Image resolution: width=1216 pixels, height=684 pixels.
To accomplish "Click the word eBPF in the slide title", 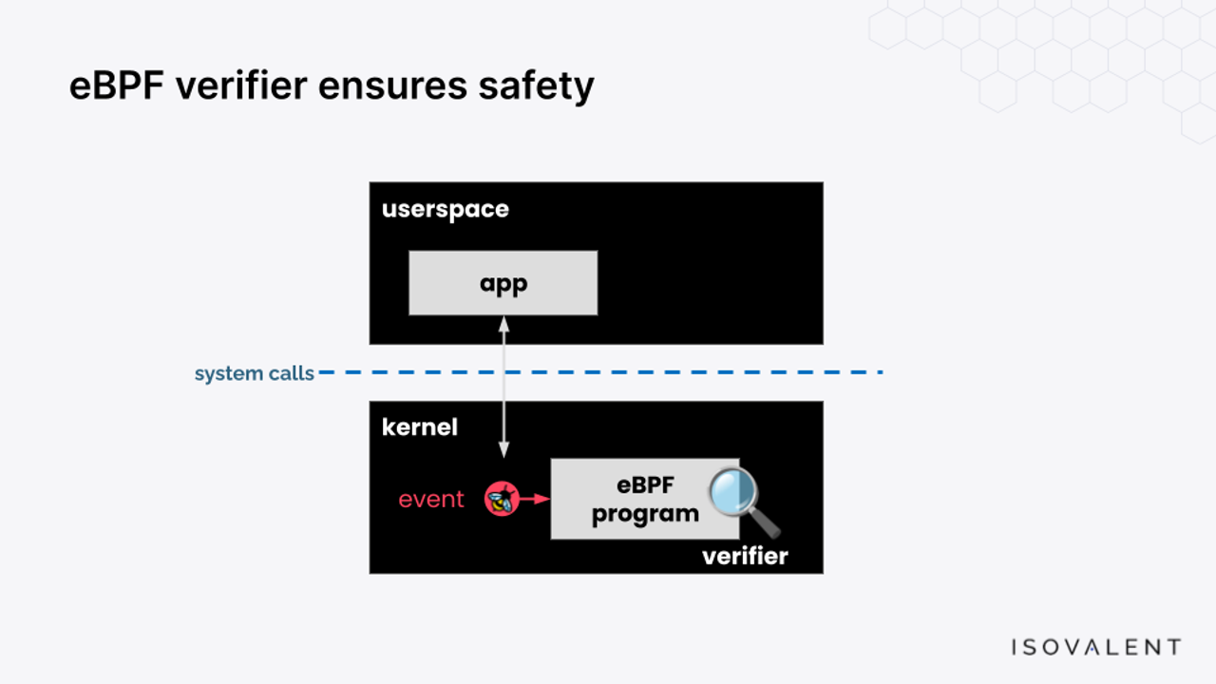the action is point(117,85).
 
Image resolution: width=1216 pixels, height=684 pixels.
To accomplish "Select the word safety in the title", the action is point(537,86).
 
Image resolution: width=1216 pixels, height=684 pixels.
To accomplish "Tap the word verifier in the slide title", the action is point(241,85).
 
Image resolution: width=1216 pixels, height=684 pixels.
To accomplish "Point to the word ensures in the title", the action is point(392,86).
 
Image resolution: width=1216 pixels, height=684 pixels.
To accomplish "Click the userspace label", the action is point(446,210).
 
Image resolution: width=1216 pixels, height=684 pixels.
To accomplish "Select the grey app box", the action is point(503,283).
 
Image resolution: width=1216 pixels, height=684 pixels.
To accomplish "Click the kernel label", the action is point(420,427).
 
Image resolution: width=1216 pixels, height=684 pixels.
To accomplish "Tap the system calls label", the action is point(254,373).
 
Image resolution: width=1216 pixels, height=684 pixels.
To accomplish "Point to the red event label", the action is point(431,500).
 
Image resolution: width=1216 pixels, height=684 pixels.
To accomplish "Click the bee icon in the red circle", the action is point(502,499).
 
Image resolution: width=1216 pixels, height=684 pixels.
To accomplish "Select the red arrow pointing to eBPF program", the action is point(535,499).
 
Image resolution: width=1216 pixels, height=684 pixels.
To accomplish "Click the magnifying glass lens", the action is point(733,491).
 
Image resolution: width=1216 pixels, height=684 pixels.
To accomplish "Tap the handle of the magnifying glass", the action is point(766,522).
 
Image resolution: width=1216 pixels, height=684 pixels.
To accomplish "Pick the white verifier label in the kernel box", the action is point(745,557).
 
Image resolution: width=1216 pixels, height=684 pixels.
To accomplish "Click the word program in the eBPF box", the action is point(645,515).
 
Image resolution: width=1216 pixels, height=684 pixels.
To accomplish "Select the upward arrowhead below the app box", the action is point(503,325).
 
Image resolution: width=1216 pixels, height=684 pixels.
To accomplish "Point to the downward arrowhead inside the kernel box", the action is point(503,449).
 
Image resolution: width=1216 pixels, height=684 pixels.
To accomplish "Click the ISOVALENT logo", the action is point(1096,647).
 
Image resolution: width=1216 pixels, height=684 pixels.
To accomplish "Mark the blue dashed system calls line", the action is point(600,372).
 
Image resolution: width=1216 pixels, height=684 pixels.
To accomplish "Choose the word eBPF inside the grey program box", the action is point(645,484).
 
